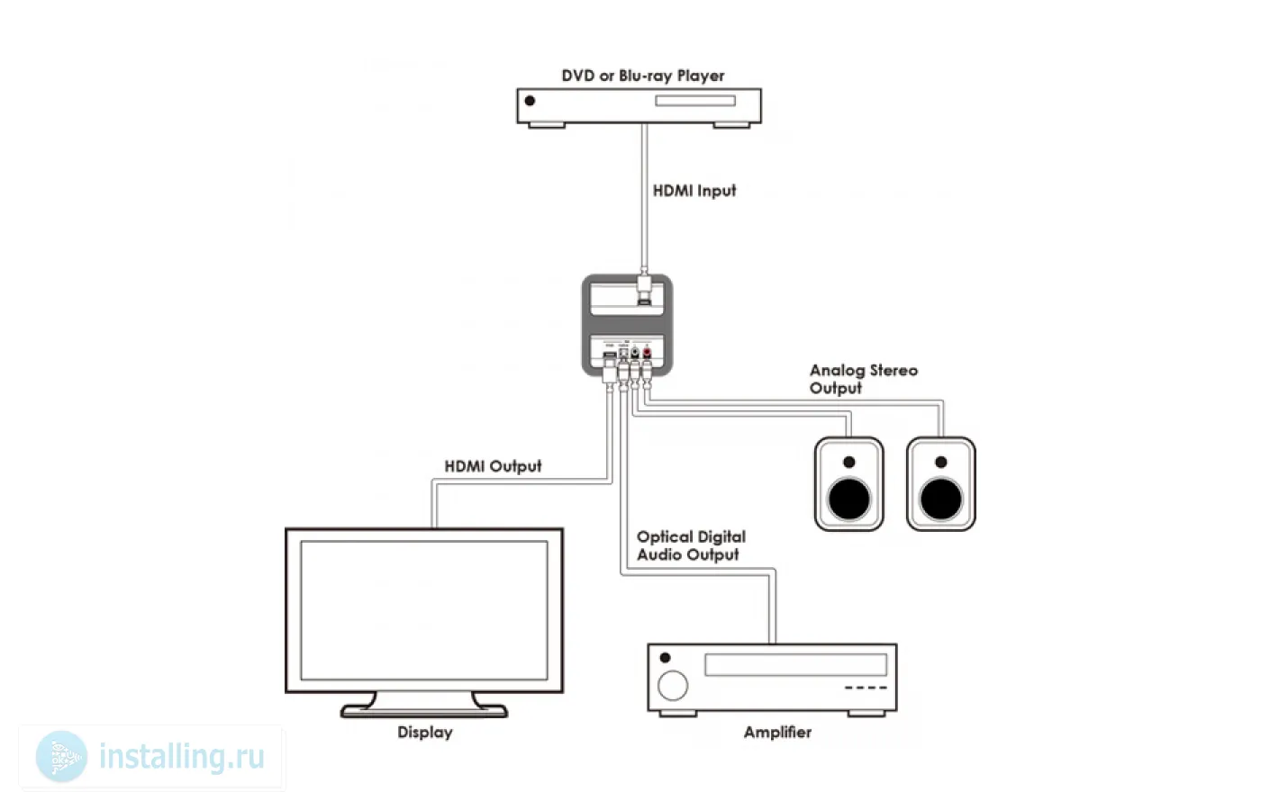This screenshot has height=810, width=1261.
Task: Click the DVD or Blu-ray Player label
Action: pyautogui.click(x=642, y=76)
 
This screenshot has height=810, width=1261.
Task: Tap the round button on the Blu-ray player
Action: pyautogui.click(x=530, y=101)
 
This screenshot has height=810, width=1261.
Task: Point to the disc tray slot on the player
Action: pyautogui.click(x=694, y=101)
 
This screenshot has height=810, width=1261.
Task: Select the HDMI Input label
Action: pyautogui.click(x=694, y=191)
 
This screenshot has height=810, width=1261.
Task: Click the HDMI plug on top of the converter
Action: pyautogui.click(x=644, y=289)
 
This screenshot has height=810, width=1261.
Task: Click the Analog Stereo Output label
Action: pyautogui.click(x=862, y=379)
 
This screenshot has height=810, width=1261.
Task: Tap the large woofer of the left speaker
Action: pyautogui.click(x=848, y=499)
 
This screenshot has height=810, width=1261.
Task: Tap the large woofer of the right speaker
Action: pyautogui.click(x=940, y=499)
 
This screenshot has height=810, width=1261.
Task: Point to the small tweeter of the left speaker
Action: pyautogui.click(x=848, y=463)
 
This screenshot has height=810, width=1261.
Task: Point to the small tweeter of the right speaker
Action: pyautogui.click(x=940, y=463)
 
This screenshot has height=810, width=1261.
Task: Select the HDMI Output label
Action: pyautogui.click(x=493, y=466)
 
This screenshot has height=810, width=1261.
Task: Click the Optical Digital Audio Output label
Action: pyautogui.click(x=691, y=545)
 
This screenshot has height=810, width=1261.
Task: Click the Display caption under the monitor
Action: pyautogui.click(x=424, y=733)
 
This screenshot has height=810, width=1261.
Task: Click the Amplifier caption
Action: pyautogui.click(x=777, y=733)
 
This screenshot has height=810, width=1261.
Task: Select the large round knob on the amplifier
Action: pyautogui.click(x=672, y=686)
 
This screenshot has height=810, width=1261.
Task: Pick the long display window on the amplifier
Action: pyautogui.click(x=795, y=665)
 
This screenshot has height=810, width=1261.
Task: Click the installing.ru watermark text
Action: pyautogui.click(x=182, y=757)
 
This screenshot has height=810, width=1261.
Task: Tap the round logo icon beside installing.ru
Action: pyautogui.click(x=61, y=757)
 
